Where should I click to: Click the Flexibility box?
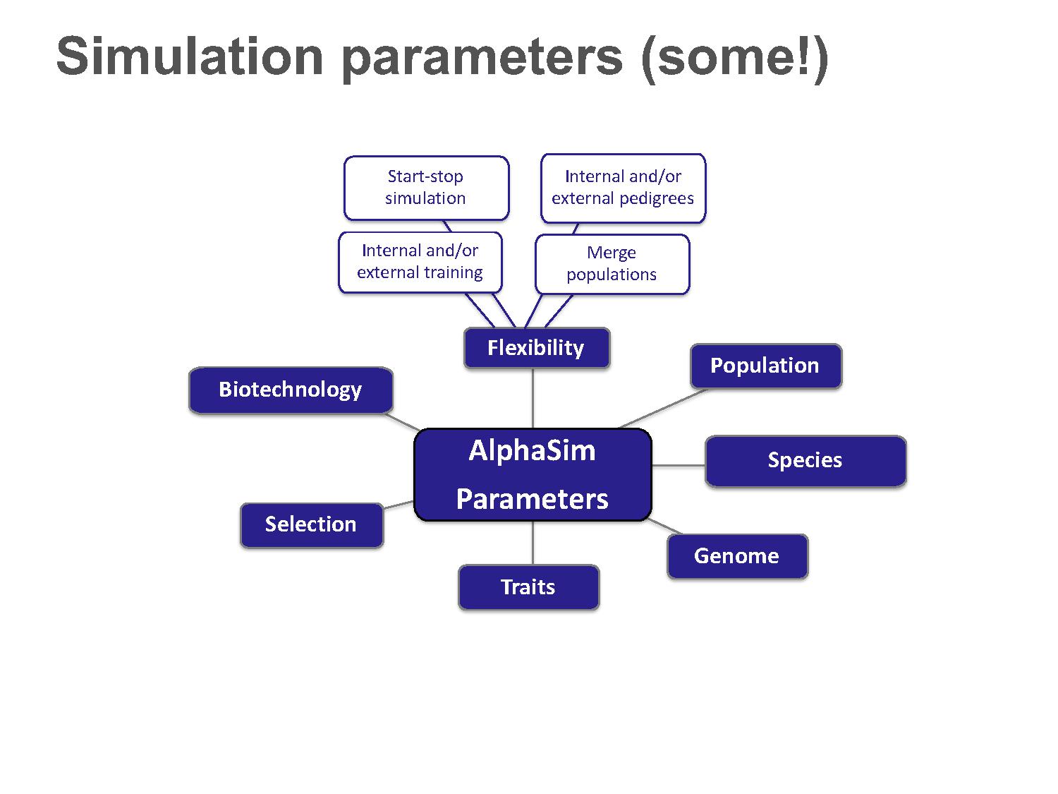[x=537, y=347]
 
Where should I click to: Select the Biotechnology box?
[x=291, y=390]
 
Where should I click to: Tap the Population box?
[x=766, y=366]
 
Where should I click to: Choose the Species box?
[x=805, y=461]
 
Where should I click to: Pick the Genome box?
[x=738, y=556]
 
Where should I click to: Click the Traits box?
[x=529, y=587]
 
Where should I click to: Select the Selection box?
[x=312, y=525]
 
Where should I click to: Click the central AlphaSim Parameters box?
[x=533, y=474]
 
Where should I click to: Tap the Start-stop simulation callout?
[x=426, y=188]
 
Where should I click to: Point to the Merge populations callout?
[x=612, y=264]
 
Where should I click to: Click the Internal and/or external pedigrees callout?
[x=623, y=188]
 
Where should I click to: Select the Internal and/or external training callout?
[x=420, y=263]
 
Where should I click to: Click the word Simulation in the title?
[x=190, y=56]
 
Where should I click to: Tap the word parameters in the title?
[x=482, y=60]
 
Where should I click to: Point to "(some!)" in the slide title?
[x=735, y=59]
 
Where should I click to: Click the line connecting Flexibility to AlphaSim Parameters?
[x=533, y=398]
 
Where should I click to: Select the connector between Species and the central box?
[x=679, y=466]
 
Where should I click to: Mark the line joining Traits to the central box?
[x=533, y=543]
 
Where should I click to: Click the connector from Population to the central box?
[x=664, y=409]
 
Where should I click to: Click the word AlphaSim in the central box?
[x=532, y=451]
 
